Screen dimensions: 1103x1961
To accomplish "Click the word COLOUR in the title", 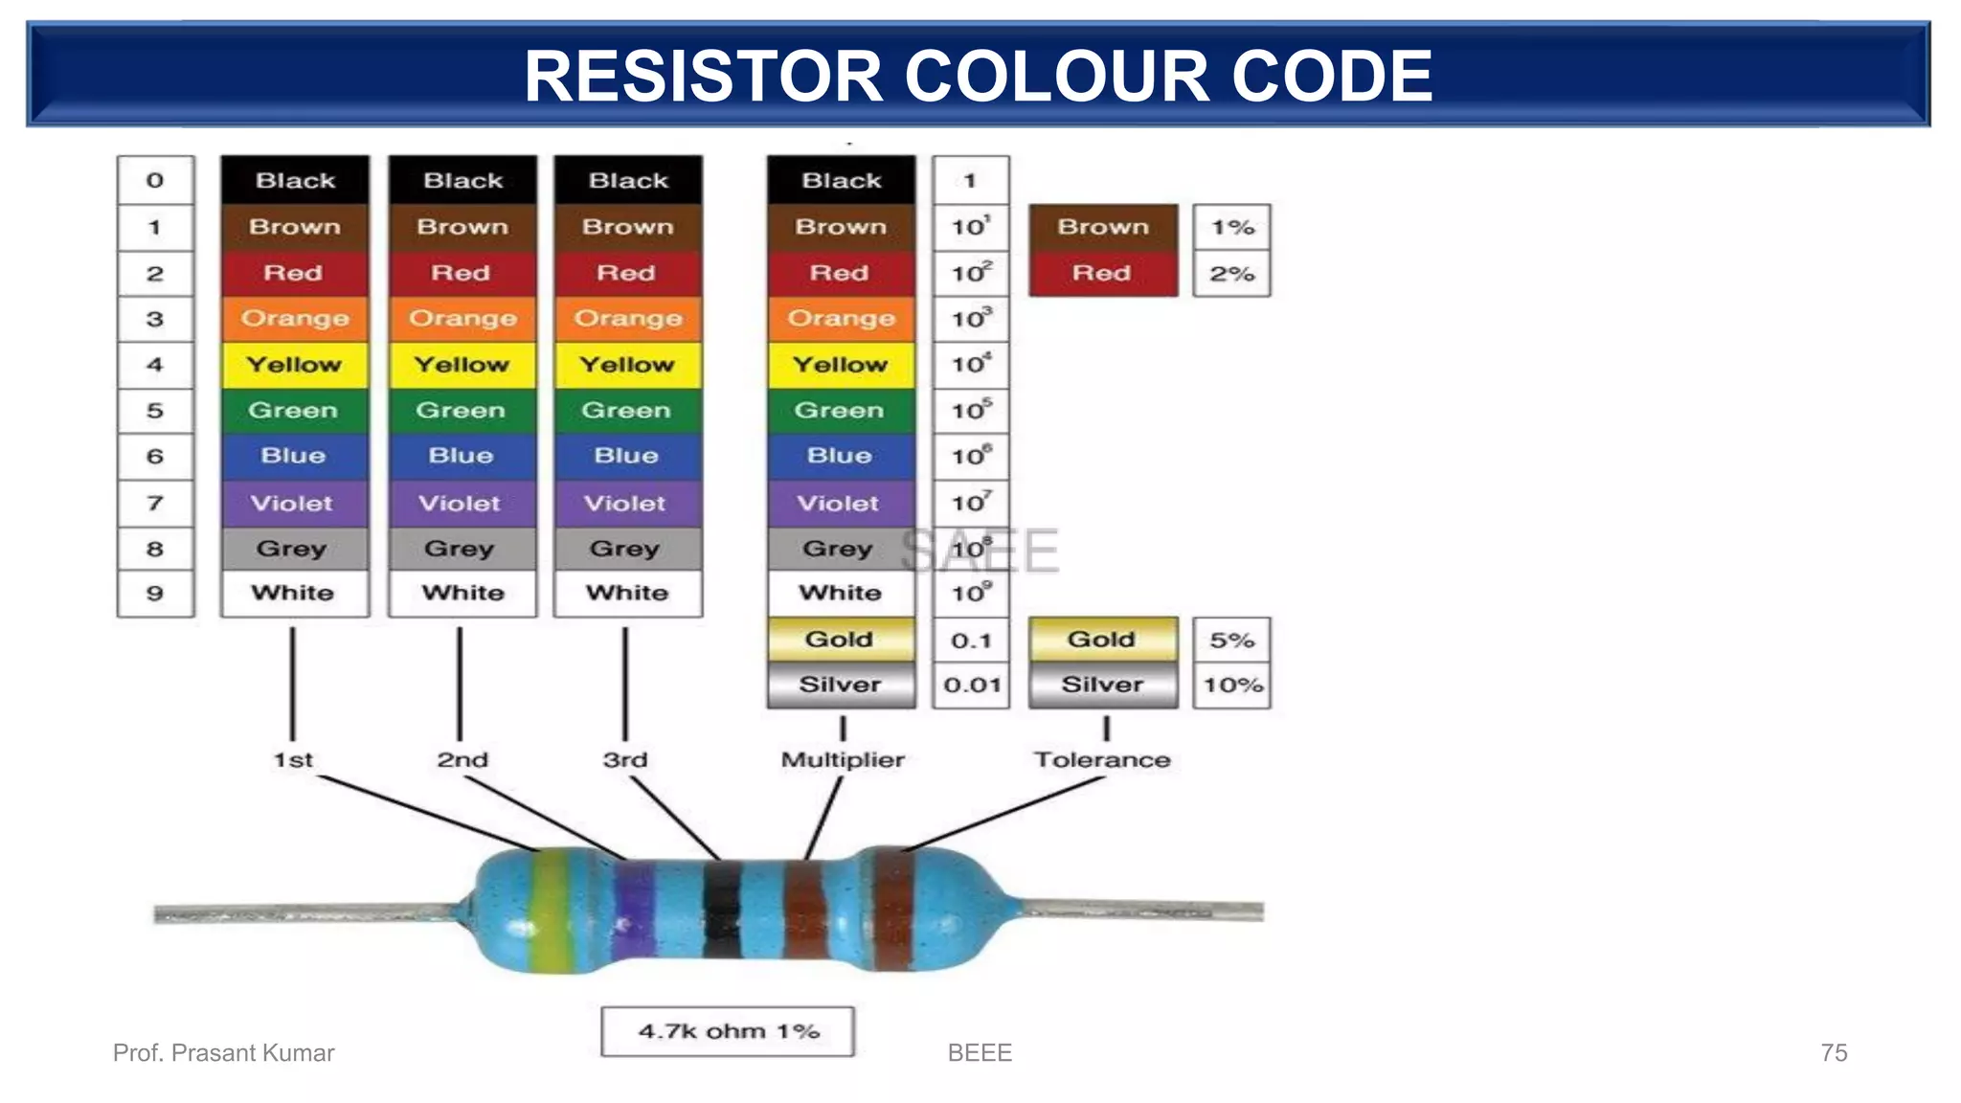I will [x=1056, y=77].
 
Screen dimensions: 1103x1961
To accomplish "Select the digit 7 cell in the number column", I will [x=155, y=503].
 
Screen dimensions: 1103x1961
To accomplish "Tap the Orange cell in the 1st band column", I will [x=294, y=319].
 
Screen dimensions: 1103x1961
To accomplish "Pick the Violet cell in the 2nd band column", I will [x=461, y=503].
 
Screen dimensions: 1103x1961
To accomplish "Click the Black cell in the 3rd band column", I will [x=628, y=180].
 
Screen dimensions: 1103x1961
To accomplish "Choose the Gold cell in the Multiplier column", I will [x=840, y=640].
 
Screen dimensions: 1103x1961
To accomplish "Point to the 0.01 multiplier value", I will [x=971, y=686].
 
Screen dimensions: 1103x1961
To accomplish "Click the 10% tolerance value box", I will [x=1232, y=686].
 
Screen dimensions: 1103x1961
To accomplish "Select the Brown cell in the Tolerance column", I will [x=1103, y=227].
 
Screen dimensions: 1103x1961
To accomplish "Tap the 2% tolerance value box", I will [x=1231, y=274].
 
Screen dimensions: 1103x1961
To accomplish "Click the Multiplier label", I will [x=843, y=760].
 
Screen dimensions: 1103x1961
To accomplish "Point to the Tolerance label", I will [x=1102, y=760].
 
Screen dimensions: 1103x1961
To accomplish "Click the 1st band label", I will [x=293, y=760].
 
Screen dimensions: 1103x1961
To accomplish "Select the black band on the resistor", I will [x=723, y=910].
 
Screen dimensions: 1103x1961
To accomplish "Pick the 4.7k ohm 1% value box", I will [x=728, y=1031].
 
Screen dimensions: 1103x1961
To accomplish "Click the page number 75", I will [x=1833, y=1053].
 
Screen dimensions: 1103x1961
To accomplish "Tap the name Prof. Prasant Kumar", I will [x=223, y=1053].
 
